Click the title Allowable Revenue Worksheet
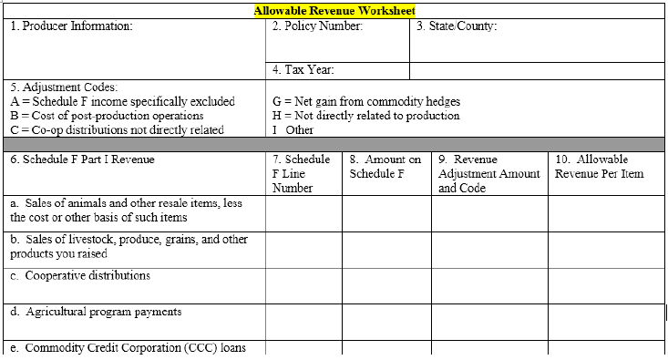334,10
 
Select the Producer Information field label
71,26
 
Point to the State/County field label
457,26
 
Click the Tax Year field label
303,69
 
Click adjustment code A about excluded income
123,101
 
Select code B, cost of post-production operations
107,116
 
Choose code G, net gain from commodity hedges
366,101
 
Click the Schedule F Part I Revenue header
83,159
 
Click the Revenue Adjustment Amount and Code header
488,173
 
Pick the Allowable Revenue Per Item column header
599,166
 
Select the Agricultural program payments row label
96,312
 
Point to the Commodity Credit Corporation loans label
128,348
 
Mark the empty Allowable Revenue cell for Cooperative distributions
606,284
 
